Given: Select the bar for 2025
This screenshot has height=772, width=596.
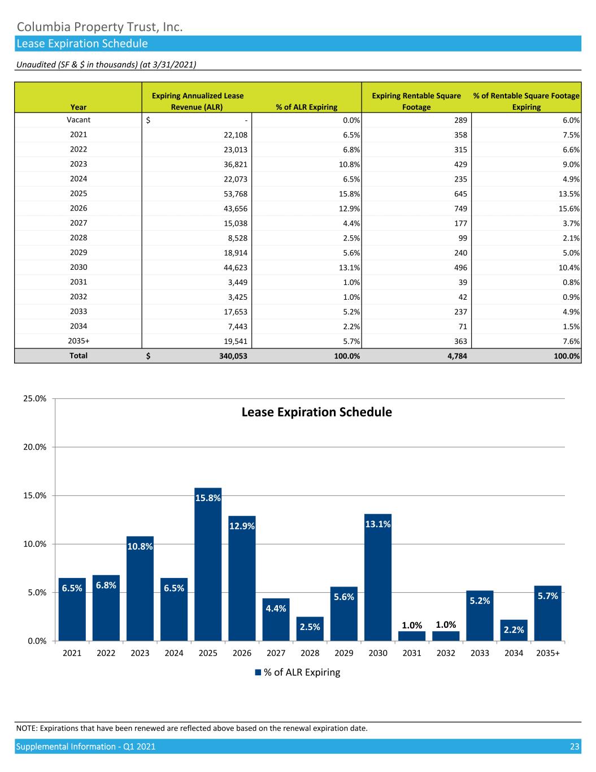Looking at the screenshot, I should [208, 566].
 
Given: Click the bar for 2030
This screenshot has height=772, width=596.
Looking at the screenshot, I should [378, 580].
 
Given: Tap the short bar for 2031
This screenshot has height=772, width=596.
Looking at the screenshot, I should [412, 636].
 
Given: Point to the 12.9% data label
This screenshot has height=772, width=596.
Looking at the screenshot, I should [242, 526].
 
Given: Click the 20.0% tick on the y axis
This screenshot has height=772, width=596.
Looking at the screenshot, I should [34, 447].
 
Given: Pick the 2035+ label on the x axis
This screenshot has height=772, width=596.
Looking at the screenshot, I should [548, 653].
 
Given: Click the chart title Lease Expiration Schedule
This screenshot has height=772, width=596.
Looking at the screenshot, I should [316, 412].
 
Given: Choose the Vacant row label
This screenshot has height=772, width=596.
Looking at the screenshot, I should [79, 120].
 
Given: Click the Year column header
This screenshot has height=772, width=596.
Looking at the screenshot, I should [79, 107].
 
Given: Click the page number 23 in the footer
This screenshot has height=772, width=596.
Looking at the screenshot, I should [575, 747].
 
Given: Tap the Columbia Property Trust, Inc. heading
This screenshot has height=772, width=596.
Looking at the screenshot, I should [99, 27].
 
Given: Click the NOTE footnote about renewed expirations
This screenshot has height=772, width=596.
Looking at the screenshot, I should [192, 728].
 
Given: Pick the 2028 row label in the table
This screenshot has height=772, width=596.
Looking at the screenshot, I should [79, 238].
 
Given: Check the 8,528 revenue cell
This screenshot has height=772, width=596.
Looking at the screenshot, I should [236, 238].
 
